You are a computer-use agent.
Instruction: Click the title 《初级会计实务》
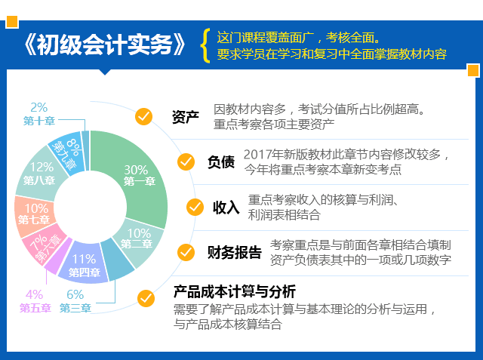tap(105, 45)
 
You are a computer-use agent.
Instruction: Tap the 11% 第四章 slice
tap(84, 263)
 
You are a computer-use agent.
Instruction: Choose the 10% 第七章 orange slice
tap(34, 214)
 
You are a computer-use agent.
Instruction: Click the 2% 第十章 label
tap(39, 114)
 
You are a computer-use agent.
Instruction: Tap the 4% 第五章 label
tap(35, 301)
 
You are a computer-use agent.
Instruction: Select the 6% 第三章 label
tap(75, 301)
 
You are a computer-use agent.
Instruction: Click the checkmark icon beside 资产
tap(143, 116)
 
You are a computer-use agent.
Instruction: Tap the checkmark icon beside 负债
tap(186, 162)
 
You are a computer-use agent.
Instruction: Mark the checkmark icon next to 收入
tap(195, 207)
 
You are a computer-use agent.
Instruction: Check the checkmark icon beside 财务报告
tap(186, 252)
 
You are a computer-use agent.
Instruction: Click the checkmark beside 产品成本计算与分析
tap(146, 298)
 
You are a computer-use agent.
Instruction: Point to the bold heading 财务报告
tap(235, 252)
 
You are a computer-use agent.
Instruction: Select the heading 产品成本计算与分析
tap(235, 291)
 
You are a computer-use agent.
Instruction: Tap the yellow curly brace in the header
tap(205, 45)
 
